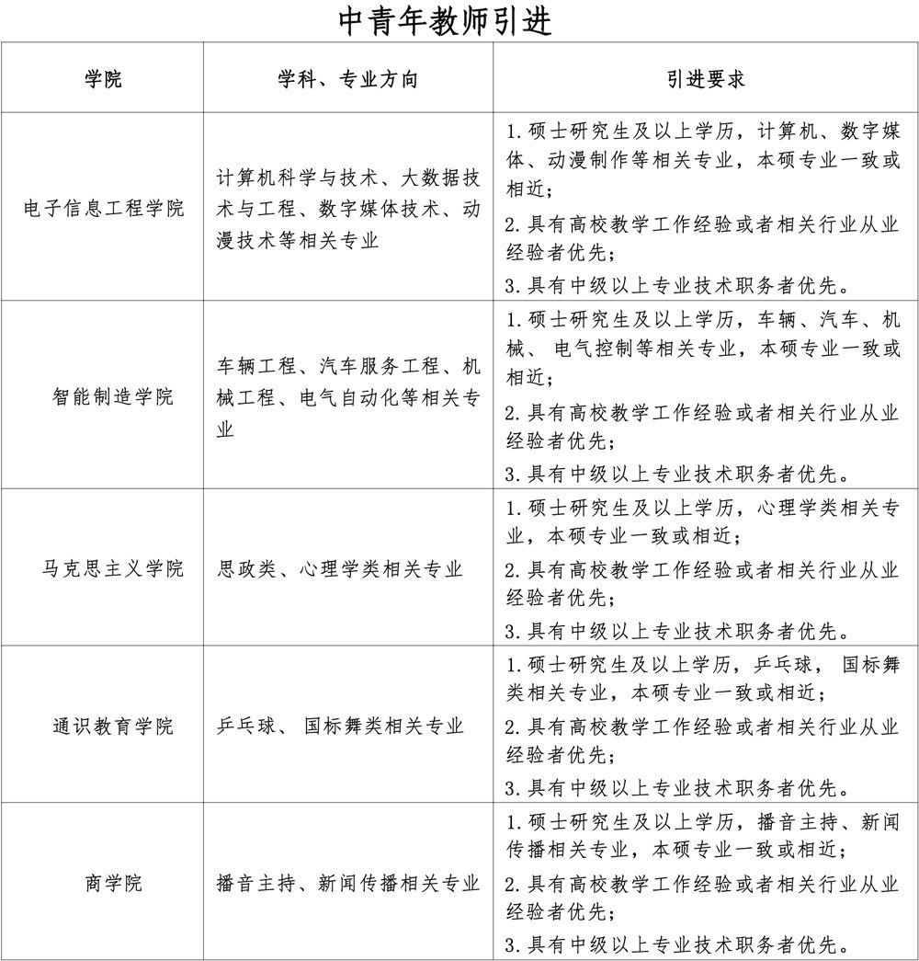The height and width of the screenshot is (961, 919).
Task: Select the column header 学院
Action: pos(103,79)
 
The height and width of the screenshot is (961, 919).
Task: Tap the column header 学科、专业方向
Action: pos(347,79)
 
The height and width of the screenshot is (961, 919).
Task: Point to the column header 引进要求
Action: pos(705,79)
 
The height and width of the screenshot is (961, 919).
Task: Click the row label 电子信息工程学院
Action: pos(103,207)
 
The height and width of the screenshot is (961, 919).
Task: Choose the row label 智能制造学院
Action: pos(112,396)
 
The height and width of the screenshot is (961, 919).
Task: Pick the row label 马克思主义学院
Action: pos(112,568)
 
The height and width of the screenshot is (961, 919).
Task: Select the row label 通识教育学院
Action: pos(112,726)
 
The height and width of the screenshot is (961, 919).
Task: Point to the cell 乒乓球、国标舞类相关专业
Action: pos(340,726)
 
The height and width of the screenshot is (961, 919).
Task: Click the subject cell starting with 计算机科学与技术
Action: pos(348,208)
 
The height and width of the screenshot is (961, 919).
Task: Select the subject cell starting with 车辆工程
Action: pos(348,397)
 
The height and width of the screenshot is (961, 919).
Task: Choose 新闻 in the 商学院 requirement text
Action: pos(880,822)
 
